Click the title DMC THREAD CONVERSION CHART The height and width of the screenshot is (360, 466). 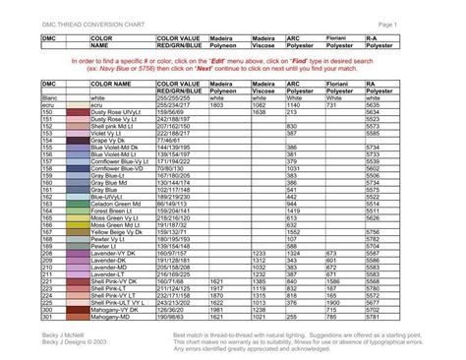[85, 23]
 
